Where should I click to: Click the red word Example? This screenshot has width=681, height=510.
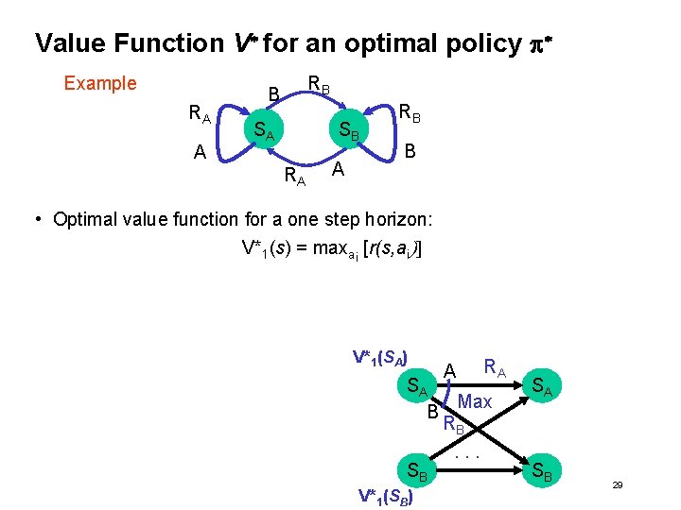tap(99, 83)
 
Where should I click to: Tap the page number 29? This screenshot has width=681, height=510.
tap(617, 484)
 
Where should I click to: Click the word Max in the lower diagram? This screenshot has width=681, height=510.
tap(474, 402)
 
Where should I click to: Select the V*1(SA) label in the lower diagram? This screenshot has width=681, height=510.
tap(380, 357)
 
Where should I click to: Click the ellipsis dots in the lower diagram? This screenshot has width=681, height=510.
tap(468, 456)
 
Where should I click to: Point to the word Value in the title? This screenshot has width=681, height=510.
tap(70, 43)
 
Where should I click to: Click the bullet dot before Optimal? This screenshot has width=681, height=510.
tap(38, 220)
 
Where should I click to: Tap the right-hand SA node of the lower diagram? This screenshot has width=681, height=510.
tap(542, 384)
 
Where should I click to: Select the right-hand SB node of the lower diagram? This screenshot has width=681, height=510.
tap(543, 471)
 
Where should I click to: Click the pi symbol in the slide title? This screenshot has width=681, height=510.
tap(530, 44)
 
